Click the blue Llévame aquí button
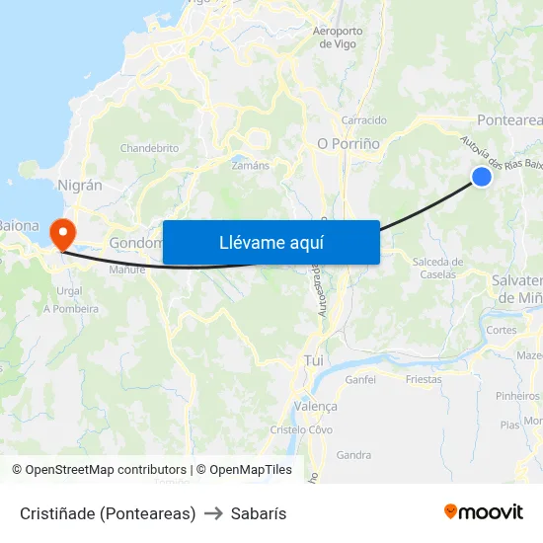click(271, 242)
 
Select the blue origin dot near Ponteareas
click(482, 176)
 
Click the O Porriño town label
click(349, 143)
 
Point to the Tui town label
click(314, 361)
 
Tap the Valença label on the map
click(317, 406)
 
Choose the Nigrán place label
click(81, 185)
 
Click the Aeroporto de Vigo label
click(337, 37)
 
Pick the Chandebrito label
click(149, 148)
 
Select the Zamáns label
click(250, 165)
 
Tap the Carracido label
click(363, 120)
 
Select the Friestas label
click(424, 378)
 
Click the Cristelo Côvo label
click(301, 429)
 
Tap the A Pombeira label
click(71, 309)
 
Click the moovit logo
click(484, 511)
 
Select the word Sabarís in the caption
click(259, 513)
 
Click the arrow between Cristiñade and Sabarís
click(213, 513)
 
